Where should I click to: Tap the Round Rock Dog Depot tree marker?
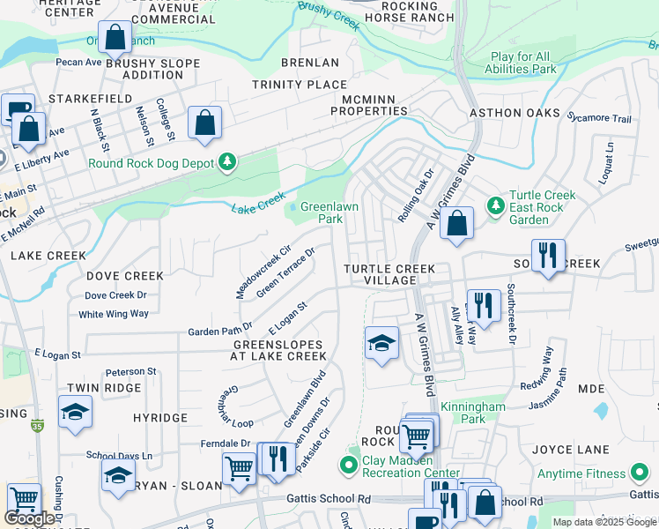(228, 161)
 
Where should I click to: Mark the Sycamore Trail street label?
(599, 118)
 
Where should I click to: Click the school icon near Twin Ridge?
(75, 412)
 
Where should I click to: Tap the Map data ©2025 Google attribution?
(604, 522)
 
